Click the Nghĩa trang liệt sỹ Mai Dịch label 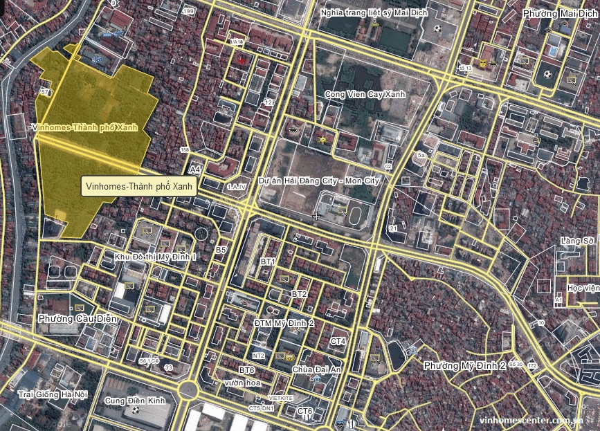[x=374, y=12]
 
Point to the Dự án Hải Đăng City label [x=319, y=181]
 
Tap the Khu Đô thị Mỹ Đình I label [x=156, y=257]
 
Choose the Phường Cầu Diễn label [x=78, y=319]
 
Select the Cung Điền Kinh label [x=135, y=401]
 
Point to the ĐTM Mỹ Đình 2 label [x=284, y=323]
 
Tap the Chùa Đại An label [x=317, y=369]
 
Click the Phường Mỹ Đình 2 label [x=464, y=365]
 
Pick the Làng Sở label [x=579, y=241]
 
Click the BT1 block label [x=268, y=262]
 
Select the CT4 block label [x=338, y=342]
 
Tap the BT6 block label [x=247, y=371]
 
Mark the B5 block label [x=221, y=249]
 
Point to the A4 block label [x=195, y=169]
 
